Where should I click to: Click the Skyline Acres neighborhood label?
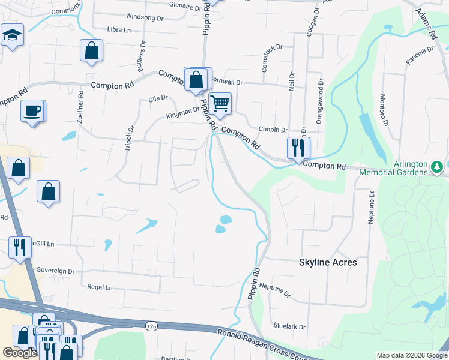tap(328, 262)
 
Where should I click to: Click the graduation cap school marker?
tap(11, 35)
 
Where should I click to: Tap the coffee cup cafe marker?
tap(32, 110)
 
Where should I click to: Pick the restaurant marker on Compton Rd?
tap(298, 147)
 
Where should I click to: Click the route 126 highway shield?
tap(151, 325)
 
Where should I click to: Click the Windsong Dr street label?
tap(145, 18)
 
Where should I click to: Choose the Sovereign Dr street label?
tap(55, 271)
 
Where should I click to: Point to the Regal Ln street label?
tap(100, 287)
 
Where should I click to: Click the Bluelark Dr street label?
tap(289, 327)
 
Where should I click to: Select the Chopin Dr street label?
tap(273, 130)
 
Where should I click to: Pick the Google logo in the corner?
tap(20, 353)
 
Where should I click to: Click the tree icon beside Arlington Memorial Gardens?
tap(438, 164)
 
